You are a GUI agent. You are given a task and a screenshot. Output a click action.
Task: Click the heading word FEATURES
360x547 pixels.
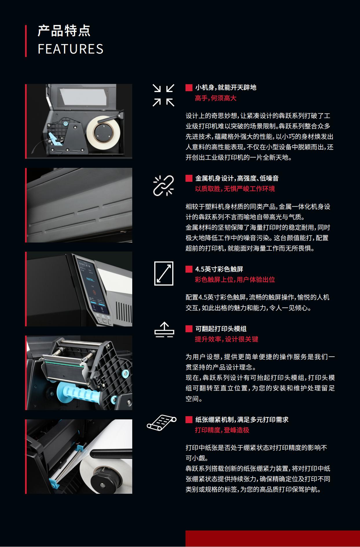(71, 49)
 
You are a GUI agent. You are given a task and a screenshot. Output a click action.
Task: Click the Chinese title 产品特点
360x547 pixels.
(64, 31)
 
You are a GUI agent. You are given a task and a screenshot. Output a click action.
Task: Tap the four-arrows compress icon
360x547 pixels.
(164, 95)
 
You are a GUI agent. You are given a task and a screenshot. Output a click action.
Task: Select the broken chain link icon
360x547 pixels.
(164, 186)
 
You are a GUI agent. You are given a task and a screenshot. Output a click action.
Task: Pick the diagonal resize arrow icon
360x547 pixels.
(164, 273)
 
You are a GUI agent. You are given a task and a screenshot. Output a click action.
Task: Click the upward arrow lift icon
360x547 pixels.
(164, 329)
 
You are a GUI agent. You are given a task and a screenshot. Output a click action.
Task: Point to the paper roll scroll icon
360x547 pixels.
(161, 423)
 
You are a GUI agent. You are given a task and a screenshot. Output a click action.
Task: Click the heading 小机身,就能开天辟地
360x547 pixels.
(226, 87)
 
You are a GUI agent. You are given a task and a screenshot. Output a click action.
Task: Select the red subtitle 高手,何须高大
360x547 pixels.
(216, 98)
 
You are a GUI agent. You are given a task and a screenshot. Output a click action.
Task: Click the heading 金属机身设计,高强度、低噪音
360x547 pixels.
(237, 178)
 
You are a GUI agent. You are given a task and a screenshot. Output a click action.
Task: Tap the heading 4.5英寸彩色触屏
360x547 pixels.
(219, 269)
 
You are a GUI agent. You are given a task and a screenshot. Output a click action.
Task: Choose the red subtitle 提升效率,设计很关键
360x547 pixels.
(227, 339)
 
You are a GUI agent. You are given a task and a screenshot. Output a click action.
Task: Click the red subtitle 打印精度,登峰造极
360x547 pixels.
(222, 430)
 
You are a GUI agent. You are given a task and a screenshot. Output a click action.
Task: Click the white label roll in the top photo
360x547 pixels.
(103, 130)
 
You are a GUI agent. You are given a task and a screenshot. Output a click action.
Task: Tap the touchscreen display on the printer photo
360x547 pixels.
(92, 287)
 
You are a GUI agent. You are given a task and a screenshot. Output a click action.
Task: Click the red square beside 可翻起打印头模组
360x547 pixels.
(189, 329)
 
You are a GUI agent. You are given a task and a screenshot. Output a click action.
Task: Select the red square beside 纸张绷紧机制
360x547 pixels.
(189, 420)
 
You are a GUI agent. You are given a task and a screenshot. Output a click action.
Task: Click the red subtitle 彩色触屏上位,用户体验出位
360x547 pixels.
(235, 280)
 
